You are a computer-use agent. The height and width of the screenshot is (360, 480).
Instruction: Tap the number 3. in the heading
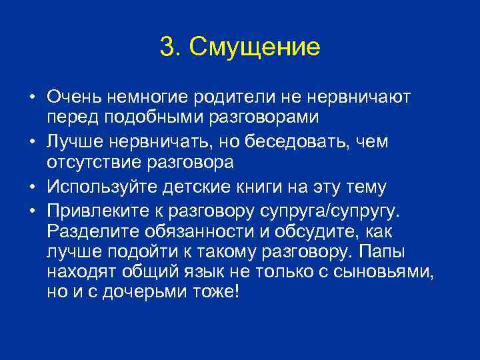point(171,47)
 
